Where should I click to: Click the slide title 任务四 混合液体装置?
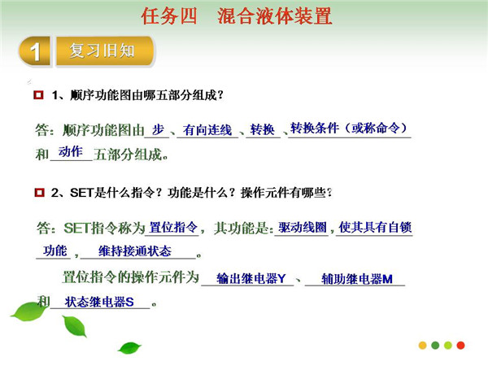point(237,16)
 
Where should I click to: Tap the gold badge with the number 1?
point(35,51)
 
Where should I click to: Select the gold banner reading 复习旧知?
point(105,51)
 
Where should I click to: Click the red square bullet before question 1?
point(38,94)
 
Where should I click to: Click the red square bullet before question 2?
point(39,192)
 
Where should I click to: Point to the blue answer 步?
point(158,129)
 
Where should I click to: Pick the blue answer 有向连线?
point(207,130)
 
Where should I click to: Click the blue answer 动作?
point(71,151)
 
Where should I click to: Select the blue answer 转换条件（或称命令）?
point(349,128)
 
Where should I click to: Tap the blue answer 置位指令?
point(173,227)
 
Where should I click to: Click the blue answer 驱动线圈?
point(303,227)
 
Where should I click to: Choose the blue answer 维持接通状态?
point(135,251)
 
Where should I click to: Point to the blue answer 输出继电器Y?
point(251,278)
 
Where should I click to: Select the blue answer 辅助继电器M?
point(357,279)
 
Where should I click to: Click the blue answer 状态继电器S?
point(99,302)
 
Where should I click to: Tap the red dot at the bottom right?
point(460,345)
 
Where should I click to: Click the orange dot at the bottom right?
point(423,345)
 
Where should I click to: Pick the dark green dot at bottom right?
point(435,345)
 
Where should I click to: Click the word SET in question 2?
point(82,193)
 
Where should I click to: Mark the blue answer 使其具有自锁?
point(375,227)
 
